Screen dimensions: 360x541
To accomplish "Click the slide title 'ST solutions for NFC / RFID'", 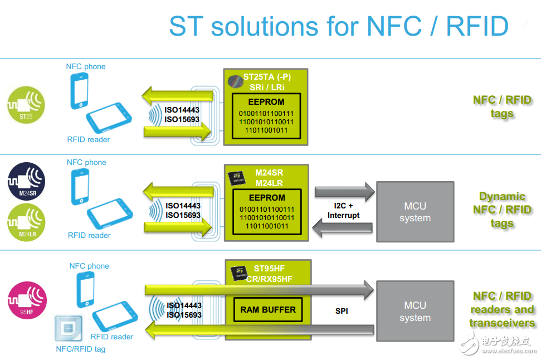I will tap(338, 26).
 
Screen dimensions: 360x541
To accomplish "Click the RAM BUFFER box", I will tap(267, 309).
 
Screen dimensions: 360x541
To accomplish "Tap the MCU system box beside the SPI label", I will tap(415, 312).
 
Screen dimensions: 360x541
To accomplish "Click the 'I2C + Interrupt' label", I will tap(343, 211).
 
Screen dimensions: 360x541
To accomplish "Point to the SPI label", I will tap(342, 311).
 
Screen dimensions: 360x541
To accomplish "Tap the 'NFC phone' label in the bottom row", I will tap(89, 266).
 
